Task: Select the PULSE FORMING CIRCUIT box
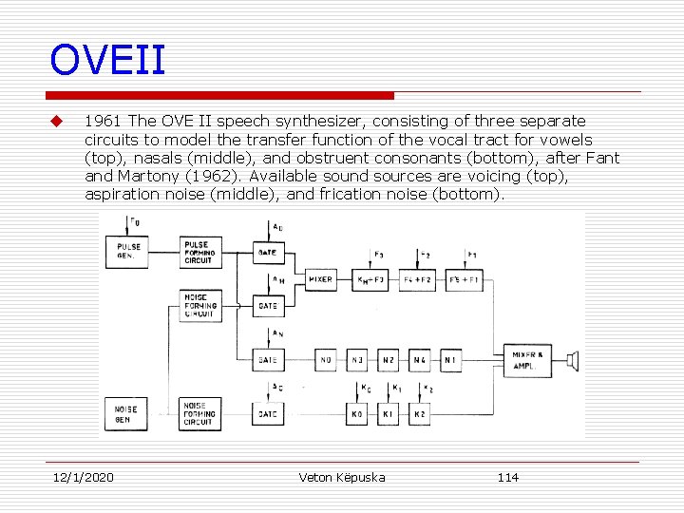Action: pos(200,253)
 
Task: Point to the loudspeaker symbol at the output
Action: pos(572,359)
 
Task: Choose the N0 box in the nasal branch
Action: pos(326,360)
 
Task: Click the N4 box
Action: pos(419,360)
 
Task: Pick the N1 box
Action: pos(450,360)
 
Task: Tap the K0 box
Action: pos(357,414)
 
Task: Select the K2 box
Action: pos(419,414)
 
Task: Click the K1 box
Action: pos(388,414)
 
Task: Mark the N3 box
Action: pos(357,360)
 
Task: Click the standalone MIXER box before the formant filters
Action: pos(321,279)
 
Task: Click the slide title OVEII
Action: pos(108,60)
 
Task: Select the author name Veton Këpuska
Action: pos(342,477)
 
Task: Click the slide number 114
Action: pos(508,477)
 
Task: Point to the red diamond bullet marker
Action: pos(56,122)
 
